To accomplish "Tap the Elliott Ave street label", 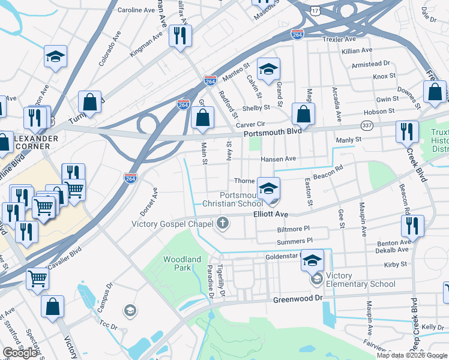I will point(271,214).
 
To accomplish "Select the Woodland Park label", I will point(182,263).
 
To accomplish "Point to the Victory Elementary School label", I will point(360,284).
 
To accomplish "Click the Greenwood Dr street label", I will point(298,299).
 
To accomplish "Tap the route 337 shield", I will point(366,125).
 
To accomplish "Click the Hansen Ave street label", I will point(278,159).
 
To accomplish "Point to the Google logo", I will point(19,353).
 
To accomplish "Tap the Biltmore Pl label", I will point(293,229).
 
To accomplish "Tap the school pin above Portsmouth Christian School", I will point(268,188).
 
